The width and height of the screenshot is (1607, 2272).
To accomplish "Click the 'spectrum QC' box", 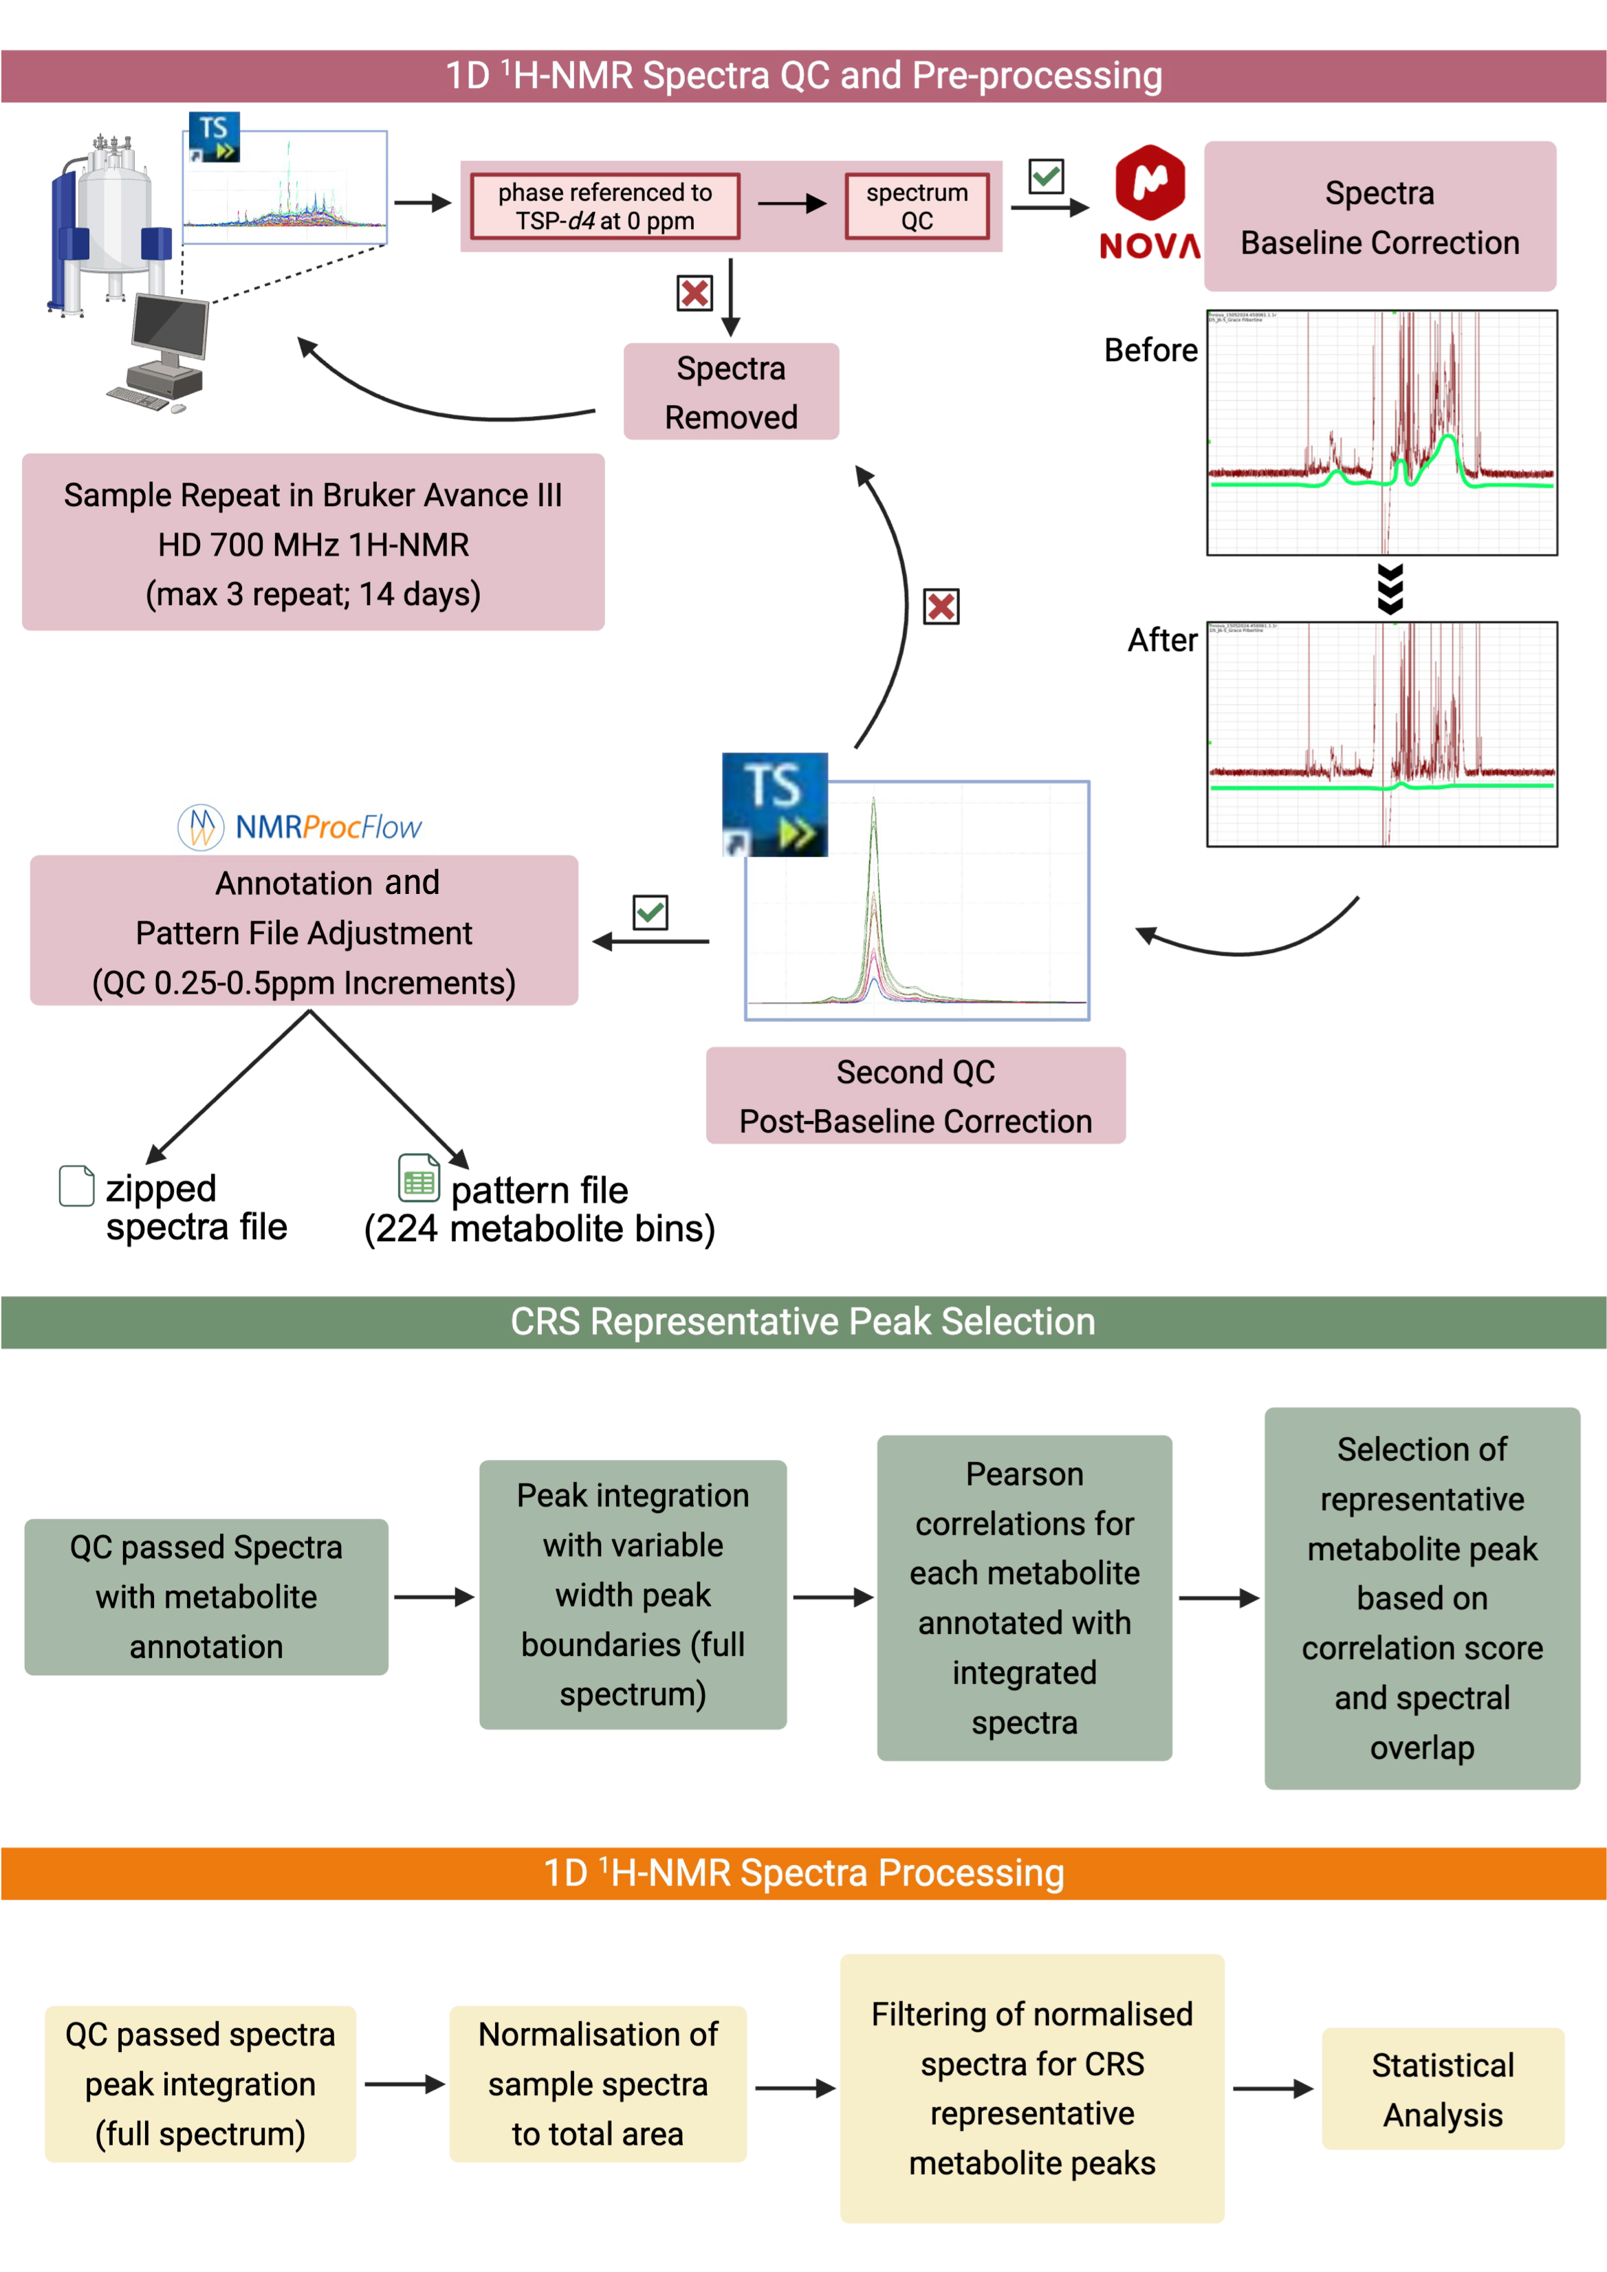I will coord(917,206).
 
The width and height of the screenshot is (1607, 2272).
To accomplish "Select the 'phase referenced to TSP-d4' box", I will coord(604,206).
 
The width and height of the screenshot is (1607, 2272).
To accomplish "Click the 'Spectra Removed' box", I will coord(730,392).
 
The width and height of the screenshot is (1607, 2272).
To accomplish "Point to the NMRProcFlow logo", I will coord(299,827).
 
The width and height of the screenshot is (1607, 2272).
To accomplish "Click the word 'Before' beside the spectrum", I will coord(1150,350).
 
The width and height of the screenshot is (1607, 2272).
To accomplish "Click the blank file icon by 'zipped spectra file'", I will coord(76,1186).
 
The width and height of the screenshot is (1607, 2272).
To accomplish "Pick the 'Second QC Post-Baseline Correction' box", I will coord(915,1095).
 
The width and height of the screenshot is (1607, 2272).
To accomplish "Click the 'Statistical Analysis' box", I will coord(1442,2089).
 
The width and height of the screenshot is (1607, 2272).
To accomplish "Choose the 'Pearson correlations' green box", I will coord(1024,1597).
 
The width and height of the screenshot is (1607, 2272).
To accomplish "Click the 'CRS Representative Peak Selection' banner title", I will coord(802,1322).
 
